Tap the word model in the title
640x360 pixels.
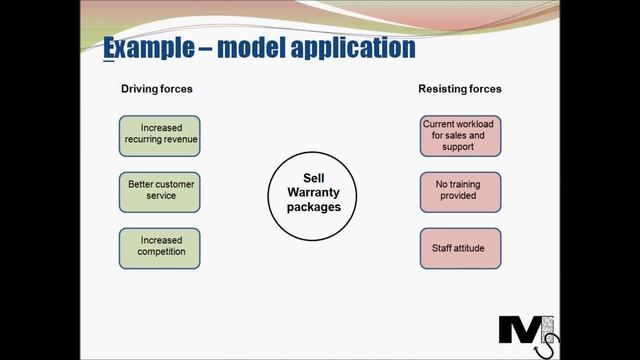point(258,47)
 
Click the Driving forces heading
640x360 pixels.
point(157,89)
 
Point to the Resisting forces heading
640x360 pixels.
point(460,89)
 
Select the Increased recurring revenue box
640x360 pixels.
point(160,136)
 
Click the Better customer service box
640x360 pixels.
point(160,191)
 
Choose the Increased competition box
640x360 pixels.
point(160,247)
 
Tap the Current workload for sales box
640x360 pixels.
point(460,136)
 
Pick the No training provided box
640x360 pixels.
point(460,191)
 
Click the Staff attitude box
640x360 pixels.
point(460,247)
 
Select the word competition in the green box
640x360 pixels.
point(160,253)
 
